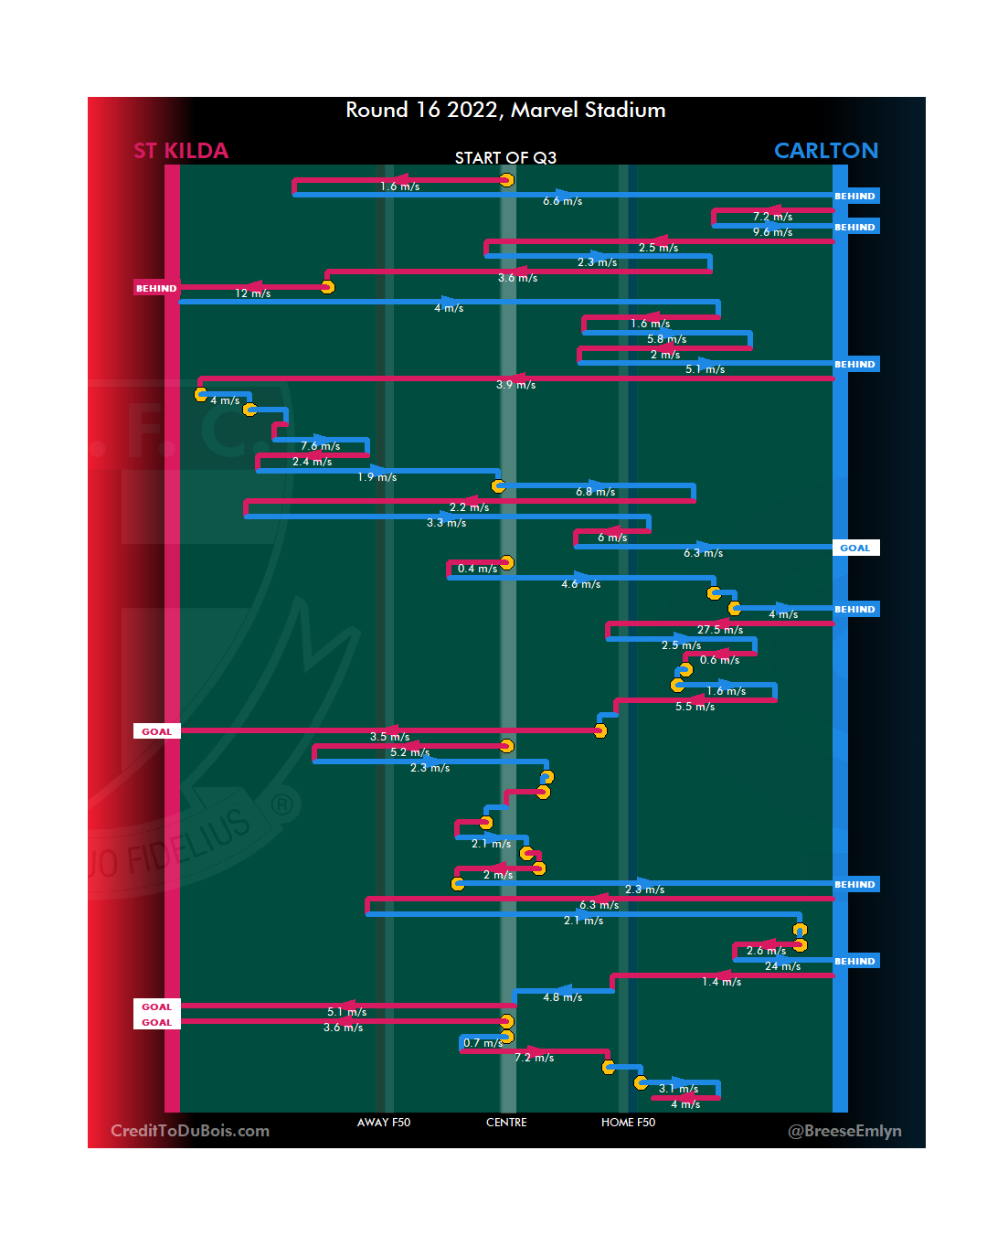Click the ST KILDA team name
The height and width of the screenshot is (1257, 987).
181,151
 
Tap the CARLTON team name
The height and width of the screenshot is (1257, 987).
825,151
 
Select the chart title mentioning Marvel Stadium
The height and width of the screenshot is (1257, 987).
505,111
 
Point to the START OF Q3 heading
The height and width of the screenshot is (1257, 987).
505,158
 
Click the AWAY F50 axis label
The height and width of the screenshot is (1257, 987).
384,1123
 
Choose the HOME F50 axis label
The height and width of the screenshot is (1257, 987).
628,1123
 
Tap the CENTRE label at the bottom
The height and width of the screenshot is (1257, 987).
506,1123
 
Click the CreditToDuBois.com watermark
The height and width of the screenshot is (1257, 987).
190,1131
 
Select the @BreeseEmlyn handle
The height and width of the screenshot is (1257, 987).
844,1131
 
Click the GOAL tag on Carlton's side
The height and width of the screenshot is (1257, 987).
855,549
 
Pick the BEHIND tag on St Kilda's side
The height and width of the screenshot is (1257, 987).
156,289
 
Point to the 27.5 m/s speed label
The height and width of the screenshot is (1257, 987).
720,630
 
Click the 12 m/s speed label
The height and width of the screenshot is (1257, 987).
253,293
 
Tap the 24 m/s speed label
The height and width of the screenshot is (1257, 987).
782,966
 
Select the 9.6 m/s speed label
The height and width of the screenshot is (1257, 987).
772,232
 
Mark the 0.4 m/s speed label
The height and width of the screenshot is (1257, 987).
477,569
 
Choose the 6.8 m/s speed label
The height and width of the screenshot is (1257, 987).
595,492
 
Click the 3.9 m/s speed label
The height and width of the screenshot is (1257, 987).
515,385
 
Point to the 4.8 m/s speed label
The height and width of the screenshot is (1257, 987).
562,997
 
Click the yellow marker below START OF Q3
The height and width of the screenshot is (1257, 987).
506,180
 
